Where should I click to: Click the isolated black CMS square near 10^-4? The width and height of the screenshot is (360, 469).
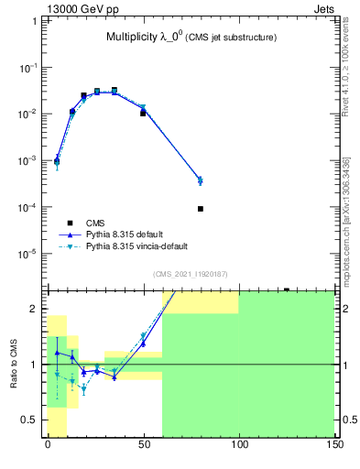click(201, 209)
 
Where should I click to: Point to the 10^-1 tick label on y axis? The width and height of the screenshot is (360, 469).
click(27, 68)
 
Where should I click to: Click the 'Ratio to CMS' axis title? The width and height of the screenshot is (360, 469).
click(13, 362)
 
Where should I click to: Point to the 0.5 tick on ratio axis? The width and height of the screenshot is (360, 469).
click(31, 420)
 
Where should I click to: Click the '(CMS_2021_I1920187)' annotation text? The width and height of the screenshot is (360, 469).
click(190, 274)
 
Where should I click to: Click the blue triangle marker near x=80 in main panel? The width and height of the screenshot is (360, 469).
click(201, 180)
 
